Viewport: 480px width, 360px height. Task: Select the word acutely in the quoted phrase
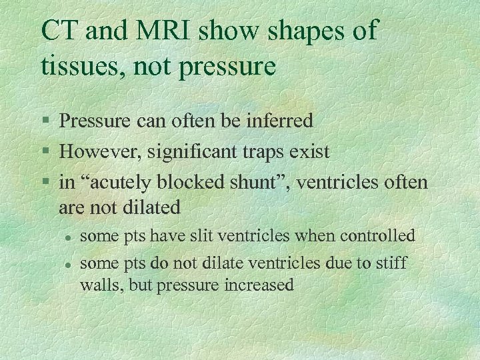click(x=115, y=182)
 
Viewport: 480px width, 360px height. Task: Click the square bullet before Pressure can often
click(x=45, y=121)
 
